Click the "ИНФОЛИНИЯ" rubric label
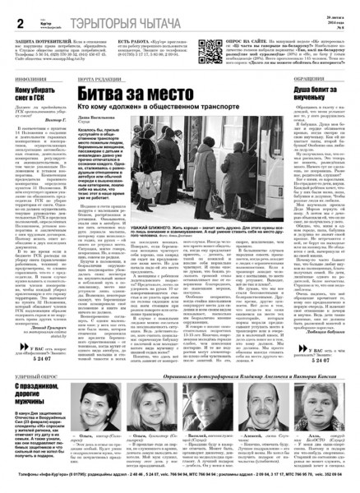[24, 77]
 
